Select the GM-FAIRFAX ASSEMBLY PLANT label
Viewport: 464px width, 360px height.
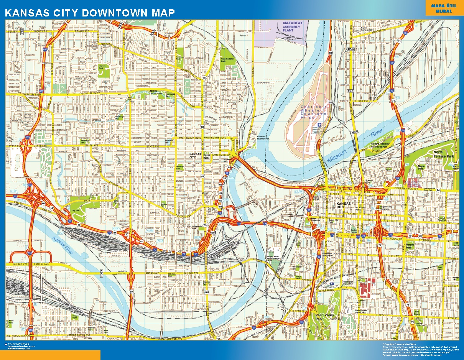pos(293,28)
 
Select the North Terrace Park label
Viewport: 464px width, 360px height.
pos(443,154)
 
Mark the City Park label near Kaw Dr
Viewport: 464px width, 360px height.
pos(75,210)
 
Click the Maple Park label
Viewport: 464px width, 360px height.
pos(421,167)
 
